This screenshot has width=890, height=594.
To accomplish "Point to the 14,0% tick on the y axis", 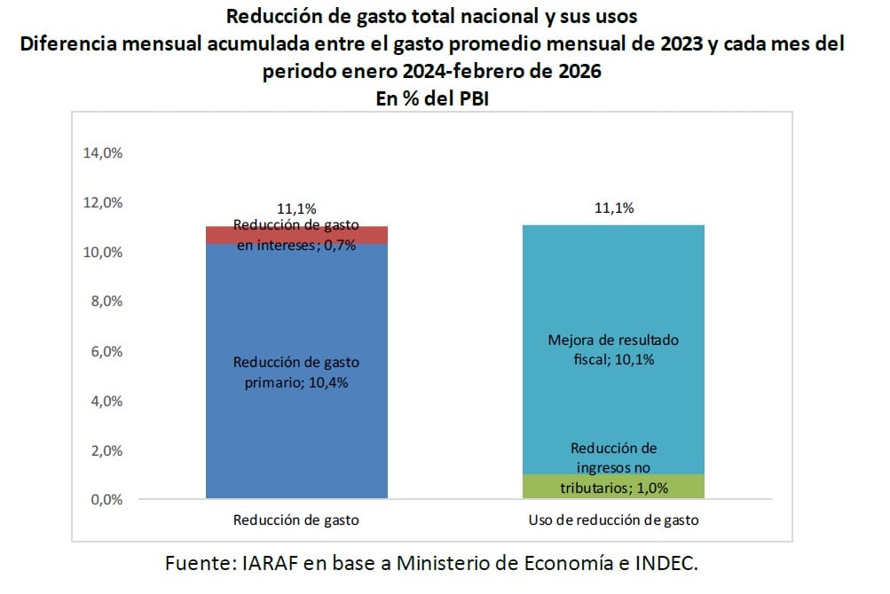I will click(x=102, y=153).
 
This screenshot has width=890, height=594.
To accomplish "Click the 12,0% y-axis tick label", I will click(x=102, y=203).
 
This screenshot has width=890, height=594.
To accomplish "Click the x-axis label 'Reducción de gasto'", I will click(x=296, y=520).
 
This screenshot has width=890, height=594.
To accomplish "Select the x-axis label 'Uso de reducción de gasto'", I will click(x=613, y=520).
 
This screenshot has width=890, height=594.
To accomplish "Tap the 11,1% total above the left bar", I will click(x=296, y=209).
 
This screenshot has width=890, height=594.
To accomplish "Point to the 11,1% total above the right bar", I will click(x=613, y=208).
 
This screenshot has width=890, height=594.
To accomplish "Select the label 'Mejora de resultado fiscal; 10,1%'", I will click(x=613, y=349).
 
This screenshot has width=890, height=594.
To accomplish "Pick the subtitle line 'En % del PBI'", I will click(x=432, y=100).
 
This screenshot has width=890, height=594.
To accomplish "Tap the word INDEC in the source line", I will click(x=673, y=564).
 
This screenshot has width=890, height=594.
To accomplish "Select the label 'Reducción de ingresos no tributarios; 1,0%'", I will click(x=613, y=467).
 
